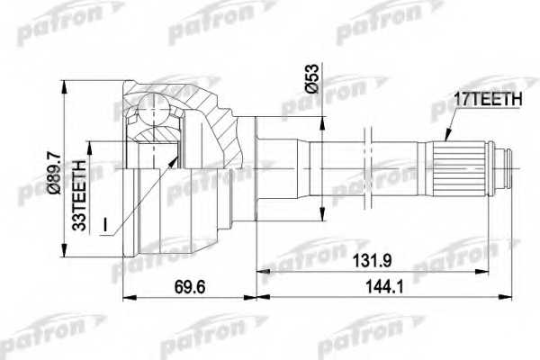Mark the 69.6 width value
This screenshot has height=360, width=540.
point(187,287)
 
